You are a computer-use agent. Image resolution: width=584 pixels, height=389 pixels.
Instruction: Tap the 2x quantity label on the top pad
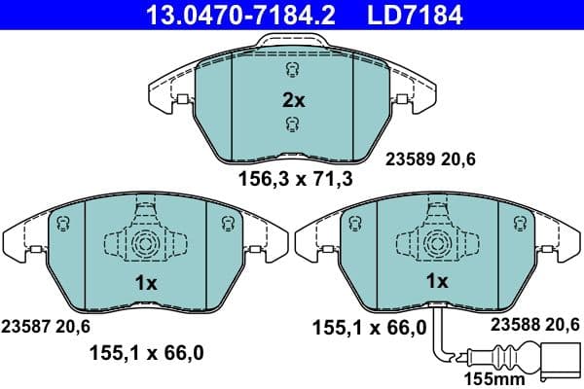[x=292, y=98]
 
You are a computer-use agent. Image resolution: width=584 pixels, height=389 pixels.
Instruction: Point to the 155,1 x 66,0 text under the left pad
[x=146, y=355]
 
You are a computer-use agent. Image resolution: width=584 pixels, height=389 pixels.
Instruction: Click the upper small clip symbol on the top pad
[x=291, y=70]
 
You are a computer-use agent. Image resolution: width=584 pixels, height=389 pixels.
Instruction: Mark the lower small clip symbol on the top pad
[x=291, y=123]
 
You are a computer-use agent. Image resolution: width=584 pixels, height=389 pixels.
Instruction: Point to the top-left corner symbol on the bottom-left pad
[x=63, y=225]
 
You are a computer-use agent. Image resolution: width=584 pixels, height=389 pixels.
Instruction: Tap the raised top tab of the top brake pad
[x=291, y=42]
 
